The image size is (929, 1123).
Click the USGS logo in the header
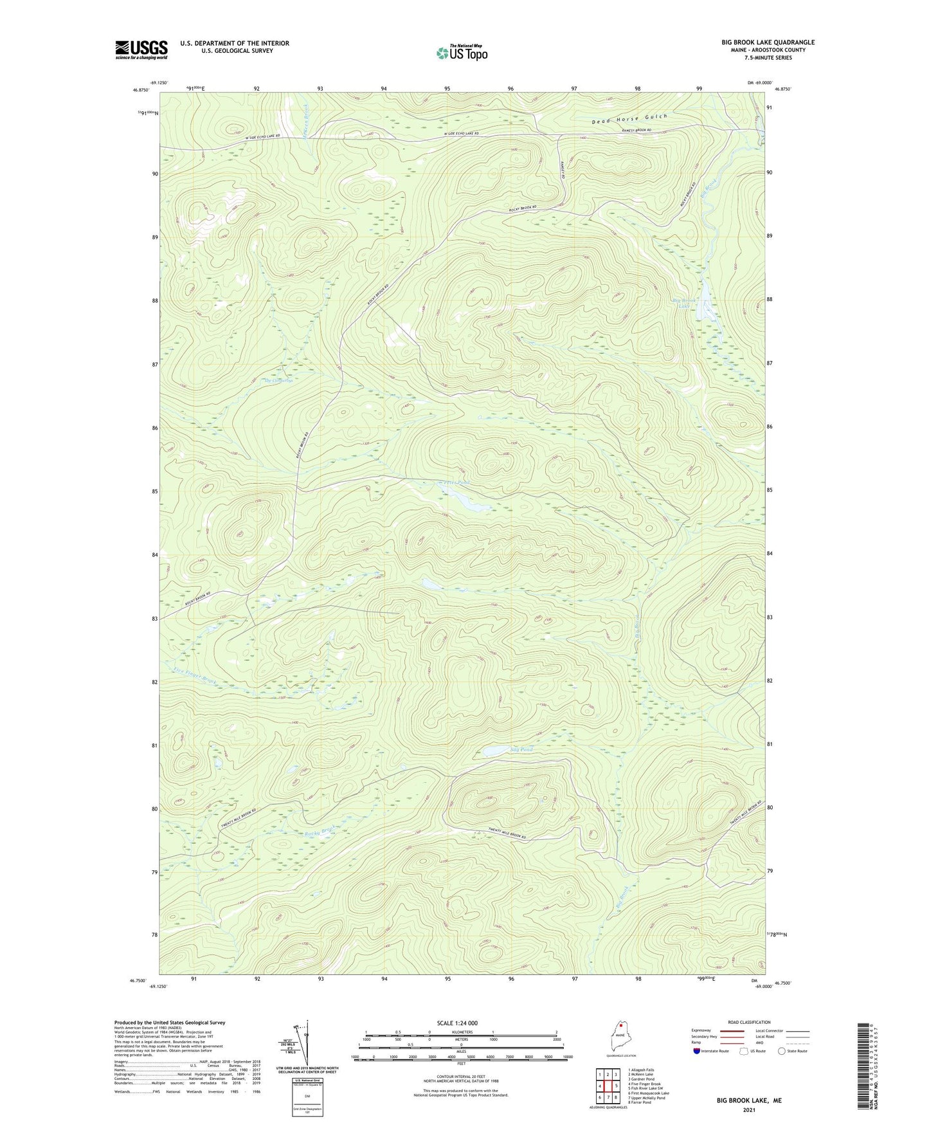click(141, 50)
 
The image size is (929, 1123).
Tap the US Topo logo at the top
click(461, 53)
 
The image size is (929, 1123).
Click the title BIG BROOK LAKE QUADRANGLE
click(768, 42)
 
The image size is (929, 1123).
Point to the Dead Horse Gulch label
click(630, 118)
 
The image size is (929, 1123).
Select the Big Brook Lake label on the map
click(684, 303)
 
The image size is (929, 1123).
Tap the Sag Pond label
click(521, 749)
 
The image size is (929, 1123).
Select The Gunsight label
click(279, 381)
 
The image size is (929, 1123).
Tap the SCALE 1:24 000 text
click(456, 1023)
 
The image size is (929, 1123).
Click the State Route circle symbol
click(782, 1051)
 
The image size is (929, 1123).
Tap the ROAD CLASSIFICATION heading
click(750, 1022)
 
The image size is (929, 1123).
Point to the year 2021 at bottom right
click(749, 1109)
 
